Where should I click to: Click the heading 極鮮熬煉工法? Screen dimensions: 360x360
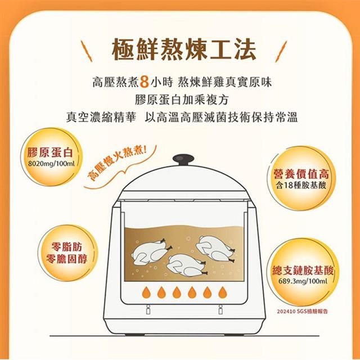tap(184, 50)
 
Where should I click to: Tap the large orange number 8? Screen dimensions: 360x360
tap(144, 82)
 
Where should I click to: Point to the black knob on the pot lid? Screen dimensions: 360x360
tap(183, 159)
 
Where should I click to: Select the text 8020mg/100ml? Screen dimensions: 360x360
tap(51, 164)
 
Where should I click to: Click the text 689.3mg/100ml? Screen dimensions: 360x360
tap(303, 281)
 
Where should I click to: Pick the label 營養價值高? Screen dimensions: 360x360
tap(301, 174)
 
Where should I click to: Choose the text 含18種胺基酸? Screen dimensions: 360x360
tap(301, 185)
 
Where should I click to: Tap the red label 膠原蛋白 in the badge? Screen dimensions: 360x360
tap(50, 152)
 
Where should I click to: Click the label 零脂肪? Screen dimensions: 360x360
tap(66, 247)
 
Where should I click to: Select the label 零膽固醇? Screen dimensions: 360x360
tap(66, 259)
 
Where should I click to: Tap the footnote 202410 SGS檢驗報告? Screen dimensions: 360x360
tap(302, 312)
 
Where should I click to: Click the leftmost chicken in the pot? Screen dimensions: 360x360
tap(151, 252)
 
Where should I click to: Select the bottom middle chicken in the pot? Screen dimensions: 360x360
tap(186, 265)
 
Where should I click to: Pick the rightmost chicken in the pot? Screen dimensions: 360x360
tap(215, 249)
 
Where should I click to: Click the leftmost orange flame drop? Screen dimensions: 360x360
tap(146, 292)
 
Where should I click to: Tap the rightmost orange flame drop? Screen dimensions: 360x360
tap(223, 292)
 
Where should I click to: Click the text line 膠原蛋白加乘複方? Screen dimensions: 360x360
tap(182, 100)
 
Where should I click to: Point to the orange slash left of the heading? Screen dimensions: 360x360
tap(86, 51)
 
